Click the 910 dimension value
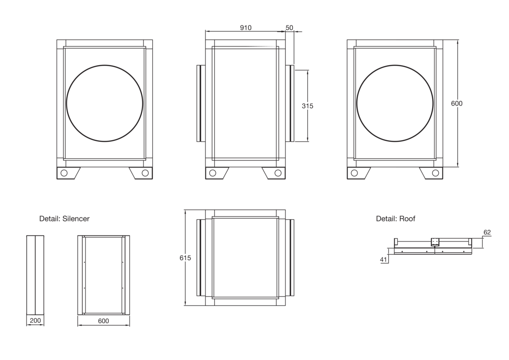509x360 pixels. click(x=245, y=28)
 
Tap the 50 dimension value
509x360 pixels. click(x=289, y=28)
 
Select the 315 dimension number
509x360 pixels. click(x=307, y=106)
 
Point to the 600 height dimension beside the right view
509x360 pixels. click(x=457, y=104)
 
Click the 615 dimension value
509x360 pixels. click(x=186, y=258)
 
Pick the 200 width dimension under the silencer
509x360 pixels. click(x=35, y=321)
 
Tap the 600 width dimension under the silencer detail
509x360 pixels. click(x=103, y=321)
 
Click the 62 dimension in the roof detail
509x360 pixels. click(x=487, y=232)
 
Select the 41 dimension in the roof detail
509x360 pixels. click(x=384, y=260)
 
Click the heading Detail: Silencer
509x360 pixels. click(x=64, y=219)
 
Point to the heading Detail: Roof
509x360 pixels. click(x=395, y=219)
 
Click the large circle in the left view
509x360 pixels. click(x=105, y=65)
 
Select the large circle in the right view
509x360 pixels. click(x=395, y=65)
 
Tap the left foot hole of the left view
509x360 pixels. click(x=64, y=173)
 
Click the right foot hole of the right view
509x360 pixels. click(x=435, y=173)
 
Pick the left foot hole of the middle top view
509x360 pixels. click(x=213, y=173)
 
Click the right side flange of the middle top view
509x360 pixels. click(x=292, y=103)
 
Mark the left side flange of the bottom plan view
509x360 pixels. click(x=199, y=258)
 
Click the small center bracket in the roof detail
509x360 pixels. click(x=435, y=242)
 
